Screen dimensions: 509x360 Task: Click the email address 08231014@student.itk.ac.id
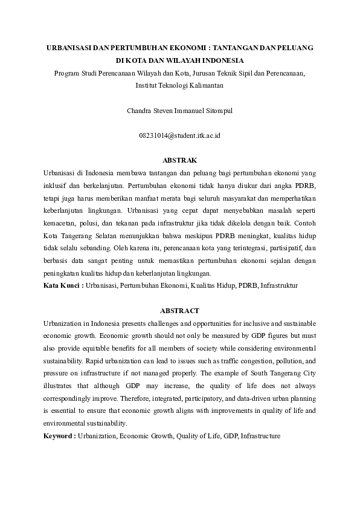tap(180, 136)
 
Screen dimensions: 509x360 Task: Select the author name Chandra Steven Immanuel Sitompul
tap(179, 111)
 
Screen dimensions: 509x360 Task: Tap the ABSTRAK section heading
tap(180, 161)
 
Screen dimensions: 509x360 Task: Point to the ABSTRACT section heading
tap(179, 310)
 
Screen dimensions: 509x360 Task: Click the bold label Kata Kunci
tap(63, 284)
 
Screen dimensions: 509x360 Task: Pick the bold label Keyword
tap(59, 436)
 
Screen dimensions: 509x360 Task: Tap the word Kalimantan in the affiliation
tap(206, 86)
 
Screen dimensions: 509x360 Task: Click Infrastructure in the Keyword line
tap(260, 436)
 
